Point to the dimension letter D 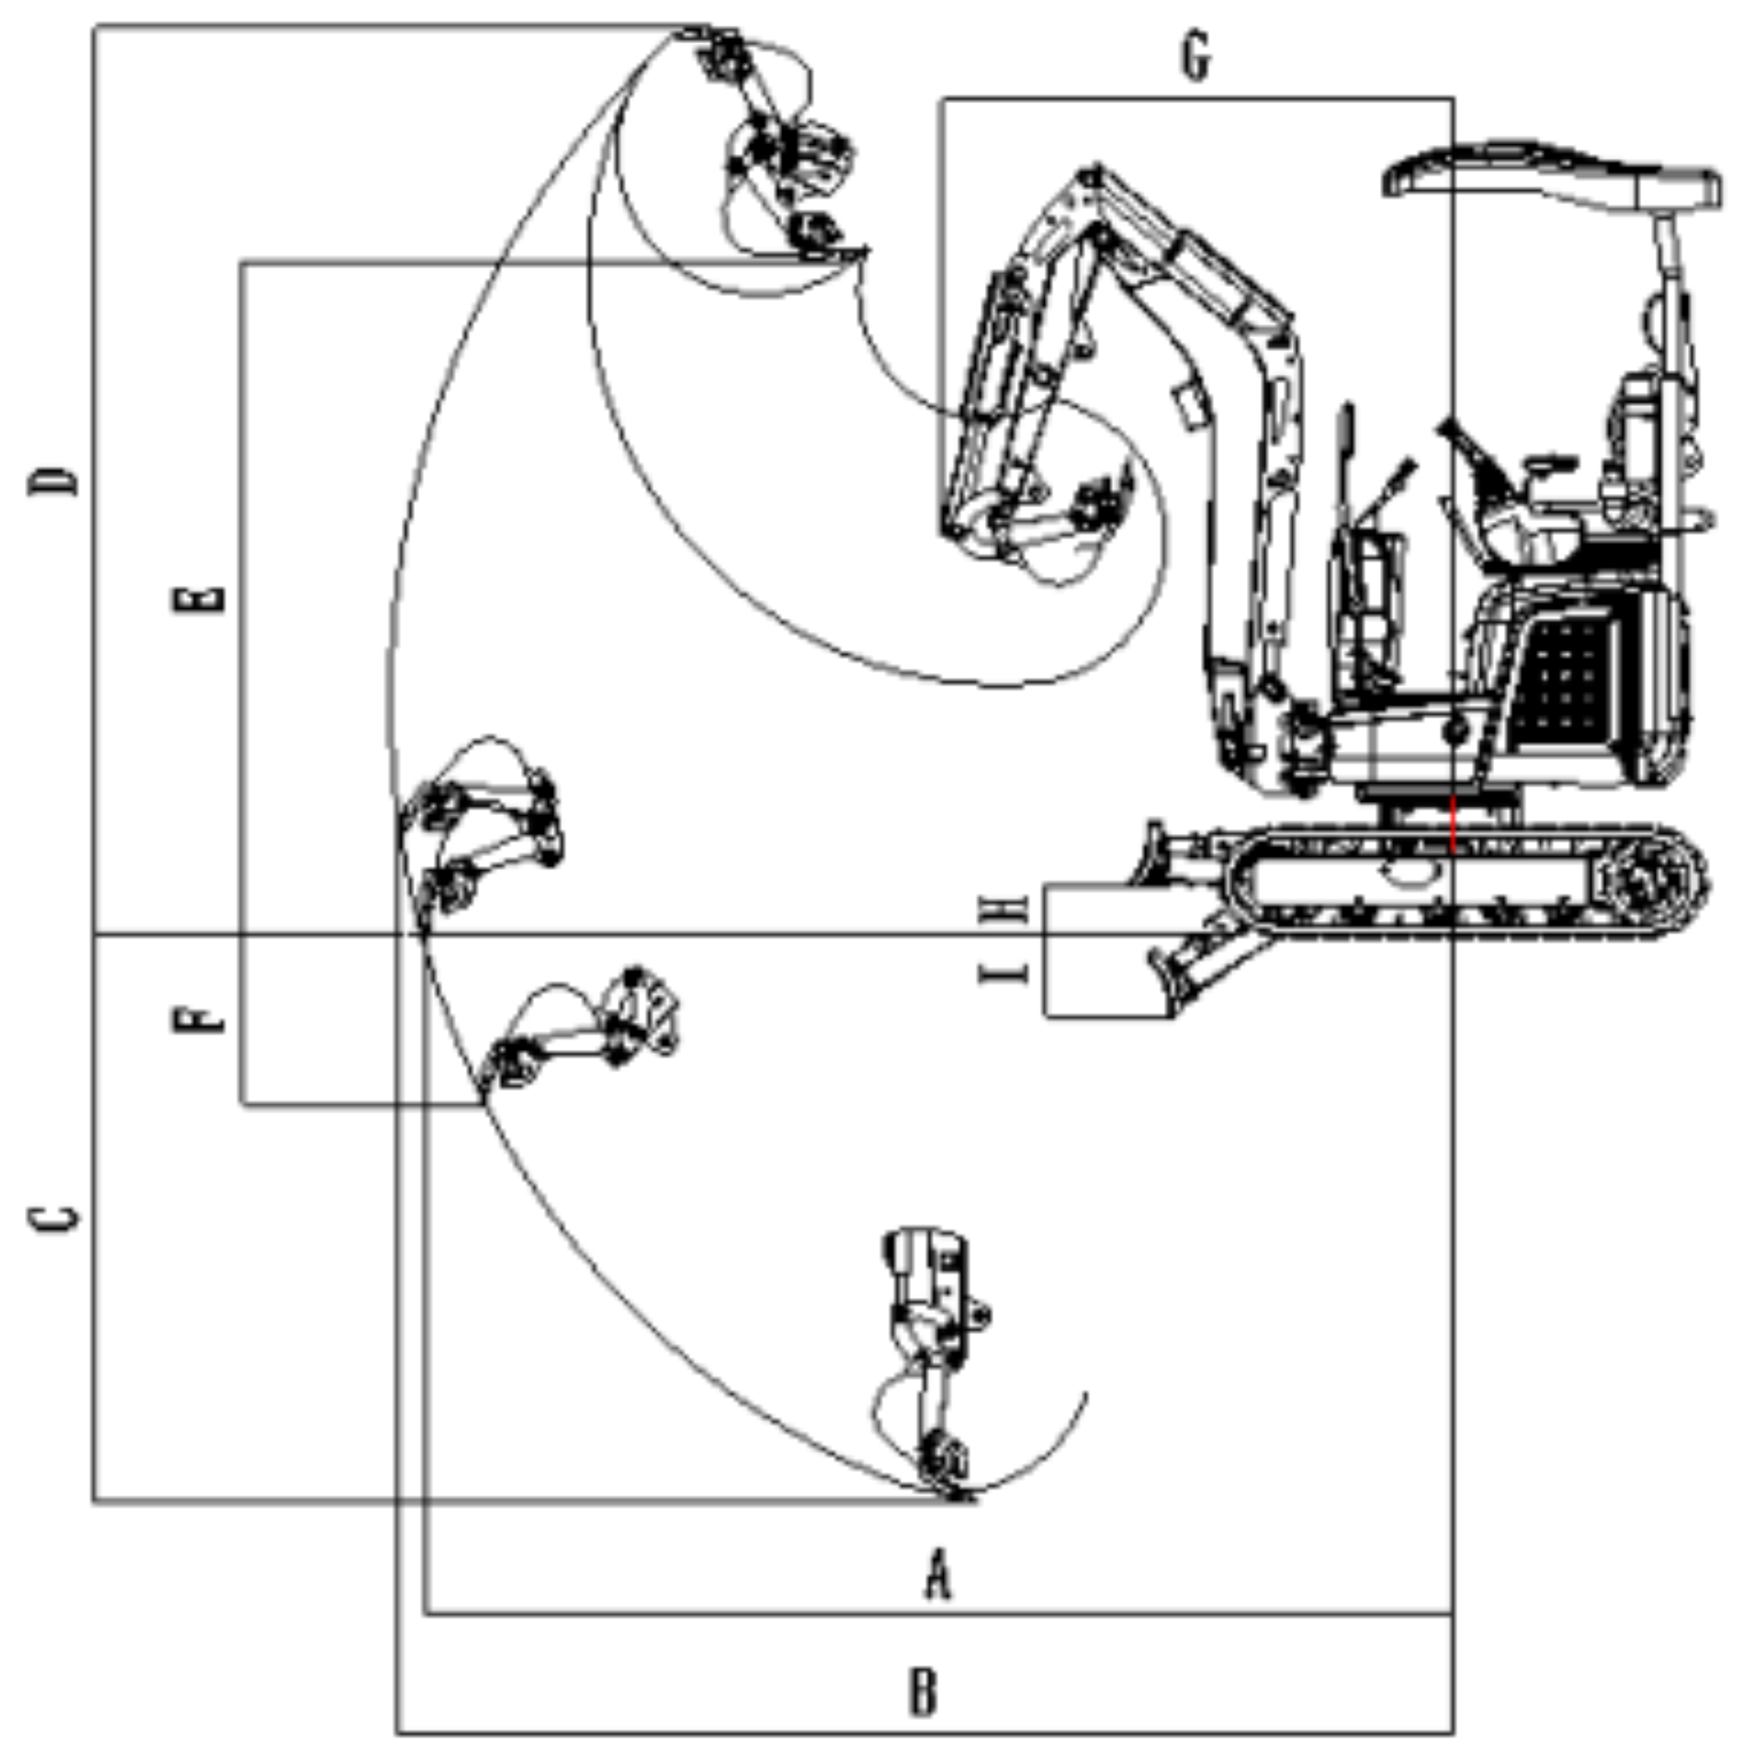click(53, 481)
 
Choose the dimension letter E click(211, 598)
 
